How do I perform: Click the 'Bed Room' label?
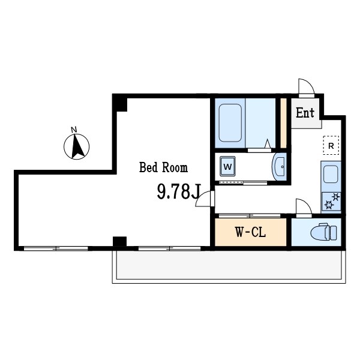tap(163, 167)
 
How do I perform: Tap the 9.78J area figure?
tap(179, 192)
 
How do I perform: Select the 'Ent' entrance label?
tap(305, 113)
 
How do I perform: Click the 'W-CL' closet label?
tap(250, 232)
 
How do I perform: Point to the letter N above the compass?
tap(74, 130)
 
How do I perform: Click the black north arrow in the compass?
tap(77, 146)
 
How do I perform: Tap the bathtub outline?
tap(230, 123)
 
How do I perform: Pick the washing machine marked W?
tap(227, 166)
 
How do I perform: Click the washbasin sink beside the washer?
tap(279, 166)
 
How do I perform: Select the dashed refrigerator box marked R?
tap(331, 145)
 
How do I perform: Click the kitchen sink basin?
tap(331, 174)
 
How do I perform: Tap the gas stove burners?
tap(331, 201)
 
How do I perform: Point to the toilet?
tap(324, 232)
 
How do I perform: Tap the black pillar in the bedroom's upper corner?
tap(120, 104)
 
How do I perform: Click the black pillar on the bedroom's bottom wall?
tap(119, 241)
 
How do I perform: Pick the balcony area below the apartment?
tap(229, 266)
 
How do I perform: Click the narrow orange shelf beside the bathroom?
tap(283, 123)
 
